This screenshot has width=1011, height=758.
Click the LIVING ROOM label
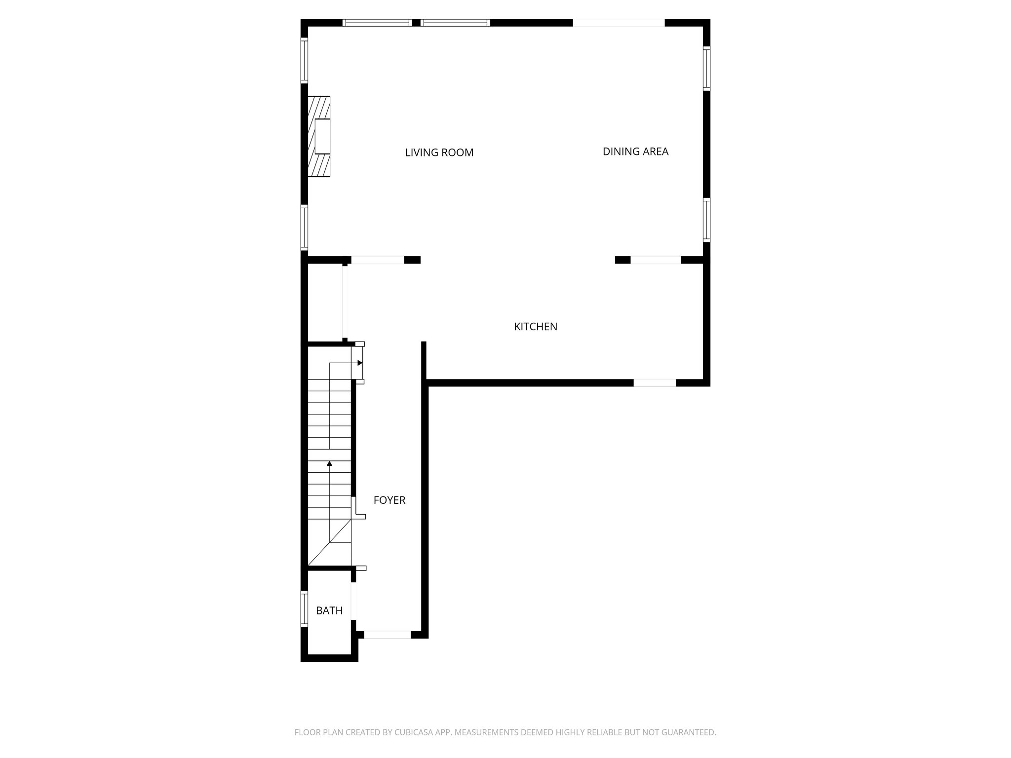coord(439,153)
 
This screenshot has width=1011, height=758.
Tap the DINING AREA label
coord(635,152)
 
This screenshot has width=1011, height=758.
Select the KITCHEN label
coord(536,327)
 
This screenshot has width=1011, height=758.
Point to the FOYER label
coord(389,500)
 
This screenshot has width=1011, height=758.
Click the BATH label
coord(329,611)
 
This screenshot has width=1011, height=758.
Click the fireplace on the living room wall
coord(319,136)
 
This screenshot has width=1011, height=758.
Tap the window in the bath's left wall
coord(305,609)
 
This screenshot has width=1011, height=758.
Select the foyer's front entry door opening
coord(388,635)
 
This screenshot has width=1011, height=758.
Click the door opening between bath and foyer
coord(354,601)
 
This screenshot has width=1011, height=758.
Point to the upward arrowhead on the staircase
coord(329,463)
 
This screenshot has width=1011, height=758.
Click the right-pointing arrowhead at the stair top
coord(360,363)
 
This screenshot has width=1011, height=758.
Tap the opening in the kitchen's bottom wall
coord(655,382)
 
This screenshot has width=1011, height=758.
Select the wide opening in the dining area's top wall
coord(619,23)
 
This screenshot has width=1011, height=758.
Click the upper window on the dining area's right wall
coord(706,69)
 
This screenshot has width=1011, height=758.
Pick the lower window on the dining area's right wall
coord(706,220)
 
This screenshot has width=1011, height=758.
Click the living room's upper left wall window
coord(305,61)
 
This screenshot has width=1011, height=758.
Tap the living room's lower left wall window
coord(305,227)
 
